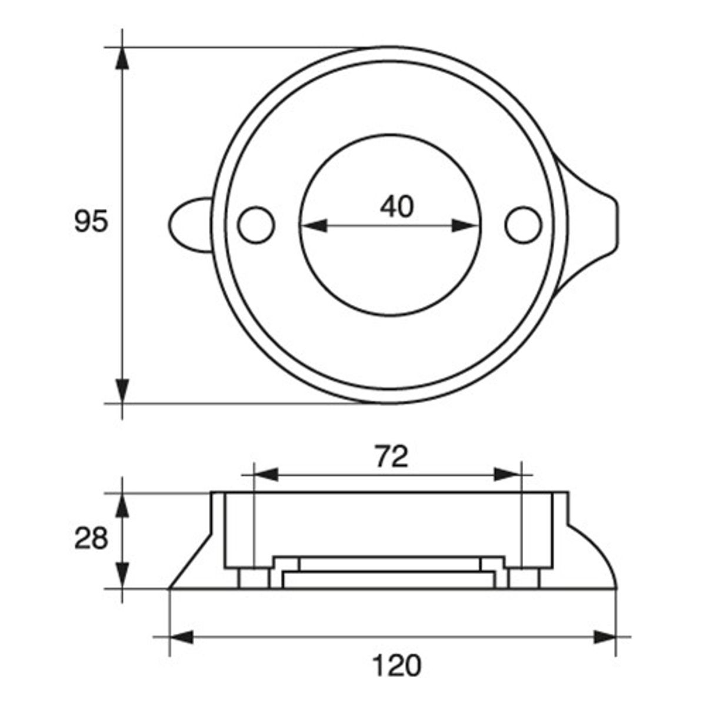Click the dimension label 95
91,221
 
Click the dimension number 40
397,206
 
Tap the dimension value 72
392,457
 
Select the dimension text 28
91,538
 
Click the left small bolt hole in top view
256,225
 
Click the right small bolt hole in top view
523,225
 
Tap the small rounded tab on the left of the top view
191,225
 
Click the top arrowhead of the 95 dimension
122,58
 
